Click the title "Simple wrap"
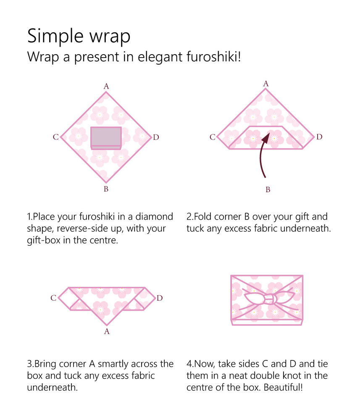79,37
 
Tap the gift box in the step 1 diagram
106,137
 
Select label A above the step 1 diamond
106,86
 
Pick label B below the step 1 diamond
106,189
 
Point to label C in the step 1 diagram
56,137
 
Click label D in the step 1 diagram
156,137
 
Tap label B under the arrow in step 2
268,190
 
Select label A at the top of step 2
266,84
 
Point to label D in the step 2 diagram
319,137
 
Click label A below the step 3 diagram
107,332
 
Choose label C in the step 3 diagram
53,298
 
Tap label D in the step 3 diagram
159,298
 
